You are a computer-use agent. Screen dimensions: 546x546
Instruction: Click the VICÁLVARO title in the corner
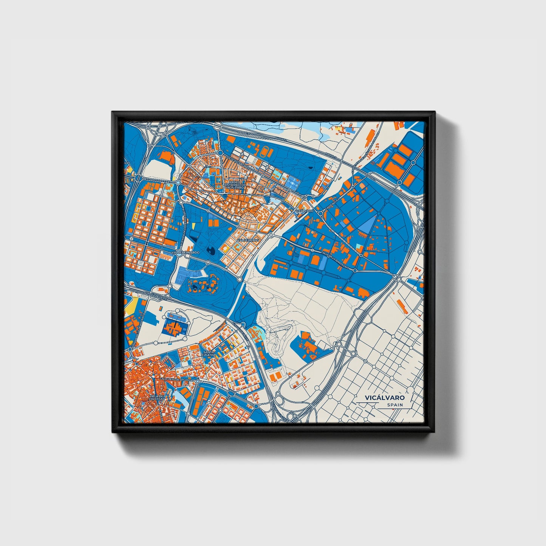(x=385, y=398)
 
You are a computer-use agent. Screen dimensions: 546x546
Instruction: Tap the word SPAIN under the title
(x=395, y=405)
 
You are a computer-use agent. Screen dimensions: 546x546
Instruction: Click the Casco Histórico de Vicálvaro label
(x=235, y=185)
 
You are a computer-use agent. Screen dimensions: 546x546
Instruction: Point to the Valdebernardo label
(x=185, y=252)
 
